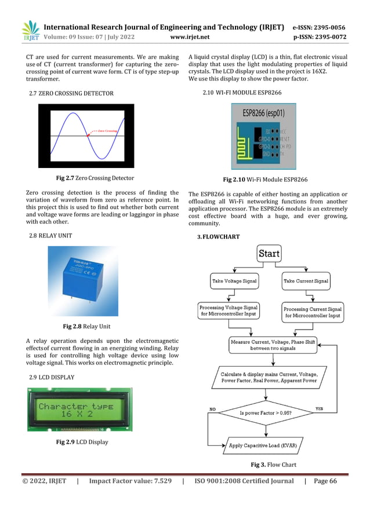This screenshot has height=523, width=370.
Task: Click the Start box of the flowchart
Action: click(269, 254)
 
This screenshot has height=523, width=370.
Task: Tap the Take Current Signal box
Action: click(306, 281)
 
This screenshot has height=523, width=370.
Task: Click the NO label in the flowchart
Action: click(213, 409)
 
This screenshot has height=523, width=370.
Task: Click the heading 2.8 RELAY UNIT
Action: click(51, 236)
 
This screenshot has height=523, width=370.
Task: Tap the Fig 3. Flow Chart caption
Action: click(273, 465)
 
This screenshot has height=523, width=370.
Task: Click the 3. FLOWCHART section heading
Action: click(219, 237)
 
